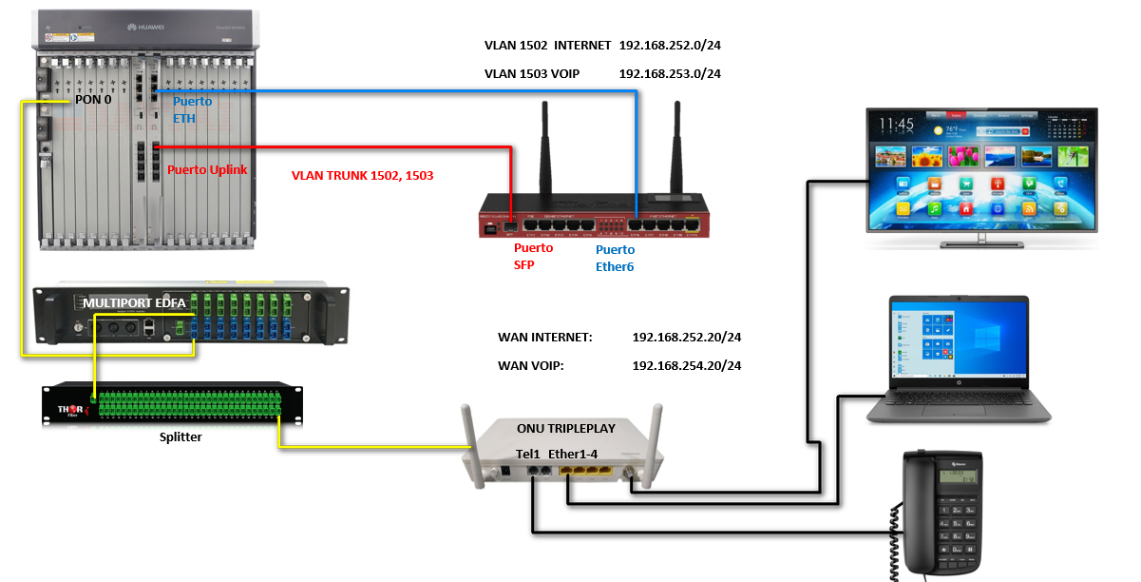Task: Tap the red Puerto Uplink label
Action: click(x=207, y=170)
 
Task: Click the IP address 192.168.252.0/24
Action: click(x=669, y=46)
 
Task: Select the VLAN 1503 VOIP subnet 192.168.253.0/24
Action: click(x=669, y=73)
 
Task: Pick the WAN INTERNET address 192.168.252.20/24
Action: click(x=686, y=338)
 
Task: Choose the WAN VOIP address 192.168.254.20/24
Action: click(x=686, y=365)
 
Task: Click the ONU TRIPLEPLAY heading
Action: click(x=565, y=428)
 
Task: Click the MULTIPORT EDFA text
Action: click(x=134, y=303)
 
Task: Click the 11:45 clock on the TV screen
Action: click(x=896, y=125)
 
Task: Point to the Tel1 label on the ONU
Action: click(x=528, y=453)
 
